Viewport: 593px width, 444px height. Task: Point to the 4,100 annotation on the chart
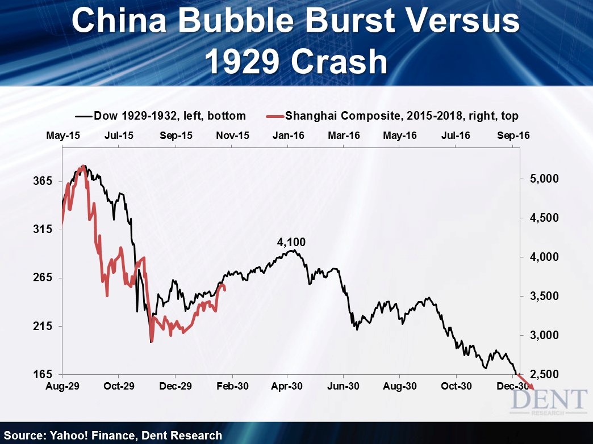(291, 242)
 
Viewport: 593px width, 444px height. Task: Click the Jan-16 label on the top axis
(288, 136)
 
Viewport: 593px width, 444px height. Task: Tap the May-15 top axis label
(61, 136)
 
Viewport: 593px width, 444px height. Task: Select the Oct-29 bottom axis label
(118, 386)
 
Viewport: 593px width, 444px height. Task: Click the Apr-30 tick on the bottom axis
(287, 386)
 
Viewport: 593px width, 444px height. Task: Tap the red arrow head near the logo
(532, 387)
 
